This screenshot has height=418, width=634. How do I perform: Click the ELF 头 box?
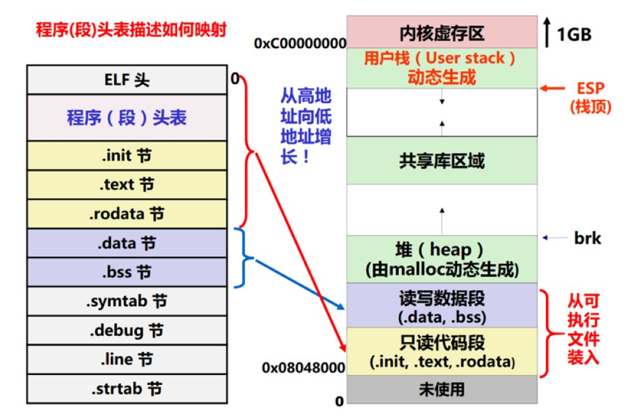coord(127,79)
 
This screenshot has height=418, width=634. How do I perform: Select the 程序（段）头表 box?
coord(127,118)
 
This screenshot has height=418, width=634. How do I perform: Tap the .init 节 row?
coord(127,156)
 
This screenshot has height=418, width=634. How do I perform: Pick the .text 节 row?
coord(127,185)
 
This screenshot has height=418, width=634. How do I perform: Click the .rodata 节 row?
coord(127,214)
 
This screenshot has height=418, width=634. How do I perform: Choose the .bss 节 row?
coord(127,272)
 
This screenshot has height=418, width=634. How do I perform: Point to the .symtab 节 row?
coord(127,301)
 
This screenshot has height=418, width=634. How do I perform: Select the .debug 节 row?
coord(127,331)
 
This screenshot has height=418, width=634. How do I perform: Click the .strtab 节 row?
coord(127,388)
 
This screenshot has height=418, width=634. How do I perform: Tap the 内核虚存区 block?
coord(442,32)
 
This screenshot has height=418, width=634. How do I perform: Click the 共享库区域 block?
coord(442,161)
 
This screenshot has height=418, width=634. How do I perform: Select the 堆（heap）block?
coord(442,259)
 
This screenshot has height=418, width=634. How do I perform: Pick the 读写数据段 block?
coord(442,305)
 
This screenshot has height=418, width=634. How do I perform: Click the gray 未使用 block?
coord(442,389)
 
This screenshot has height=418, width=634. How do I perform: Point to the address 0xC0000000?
coord(300,43)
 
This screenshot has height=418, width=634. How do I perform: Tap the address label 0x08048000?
coord(303,367)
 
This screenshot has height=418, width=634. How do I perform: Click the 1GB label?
coord(573,34)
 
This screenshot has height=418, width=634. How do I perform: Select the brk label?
coord(586,238)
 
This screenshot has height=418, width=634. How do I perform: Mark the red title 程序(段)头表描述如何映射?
coord(131,30)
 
